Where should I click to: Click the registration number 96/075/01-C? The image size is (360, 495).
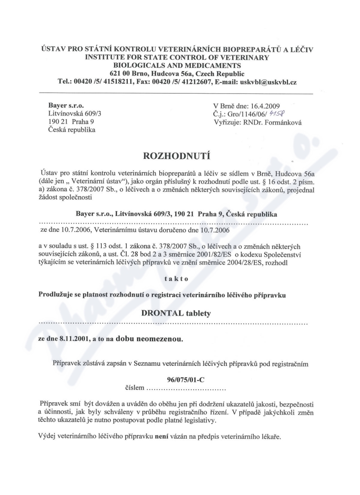click(179, 380)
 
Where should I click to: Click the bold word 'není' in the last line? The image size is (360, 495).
click(161, 437)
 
